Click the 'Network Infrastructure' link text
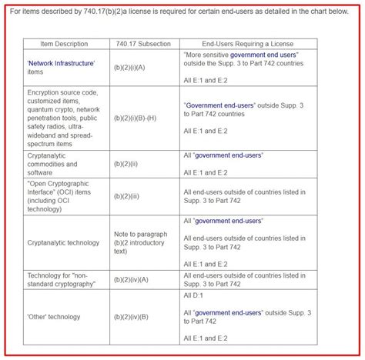coord(61,63)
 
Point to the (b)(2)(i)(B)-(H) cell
coord(140,118)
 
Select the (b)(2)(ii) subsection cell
coord(126,163)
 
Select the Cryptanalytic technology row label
coord(63,242)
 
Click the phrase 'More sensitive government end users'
coord(242,55)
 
